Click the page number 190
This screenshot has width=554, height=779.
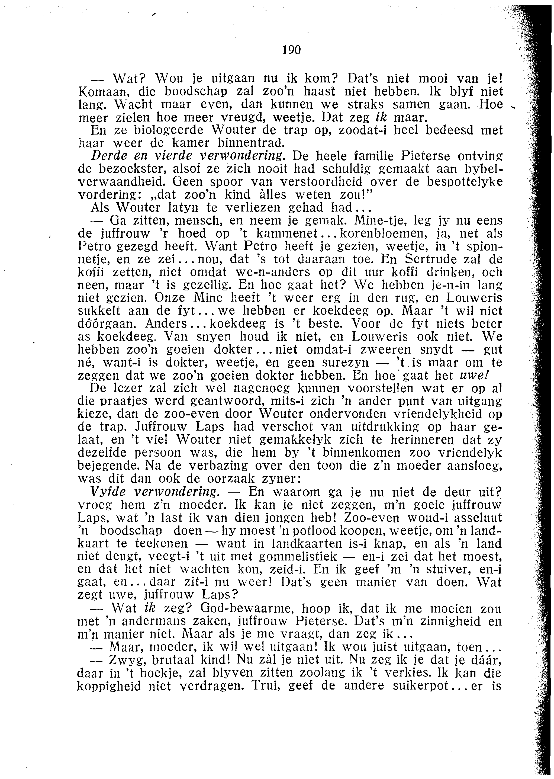(292, 50)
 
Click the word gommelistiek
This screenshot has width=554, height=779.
(298, 557)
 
